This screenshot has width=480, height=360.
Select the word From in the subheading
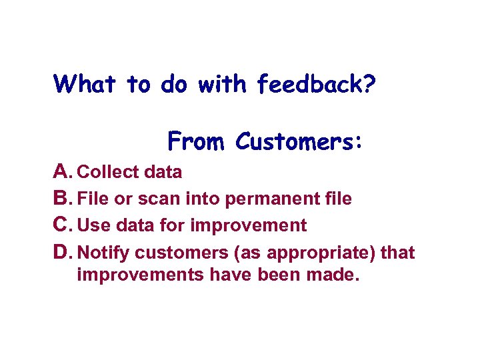pyautogui.click(x=197, y=141)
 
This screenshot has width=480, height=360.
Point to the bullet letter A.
pyautogui.click(x=62, y=172)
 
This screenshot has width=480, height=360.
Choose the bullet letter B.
pyautogui.click(x=62, y=199)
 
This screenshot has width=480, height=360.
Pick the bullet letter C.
pyautogui.click(x=62, y=225)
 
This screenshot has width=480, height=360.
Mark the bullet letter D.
pyautogui.click(x=62, y=253)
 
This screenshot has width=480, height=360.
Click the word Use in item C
pyautogui.click(x=93, y=225)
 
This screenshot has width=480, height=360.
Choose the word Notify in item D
pyautogui.click(x=103, y=253)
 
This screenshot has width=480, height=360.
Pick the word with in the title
pyautogui.click(x=222, y=84)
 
